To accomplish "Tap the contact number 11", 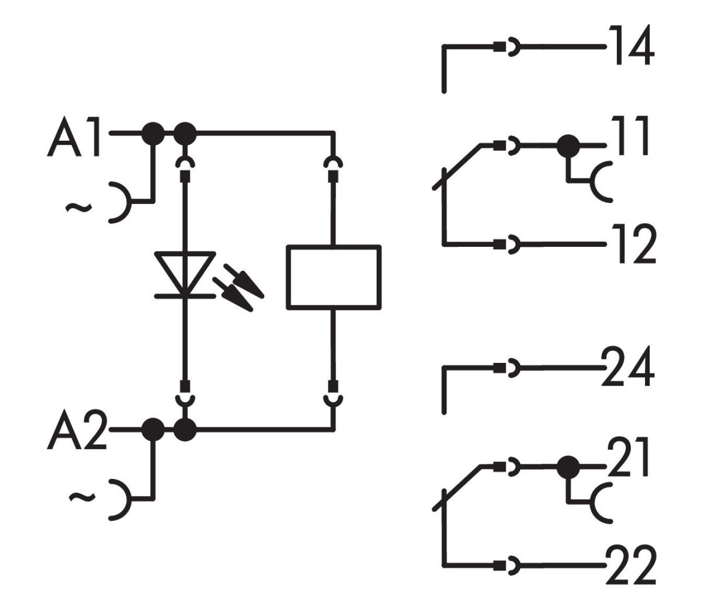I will click(x=628, y=137).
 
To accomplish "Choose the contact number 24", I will click(x=627, y=368).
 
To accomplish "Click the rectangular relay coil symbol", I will click(x=333, y=276).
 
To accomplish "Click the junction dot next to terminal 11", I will click(x=567, y=145).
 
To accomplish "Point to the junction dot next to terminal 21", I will click(x=567, y=467).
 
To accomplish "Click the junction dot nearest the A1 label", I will click(x=153, y=134).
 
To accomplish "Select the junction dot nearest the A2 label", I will click(x=153, y=430).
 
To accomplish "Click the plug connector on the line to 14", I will click(x=505, y=47).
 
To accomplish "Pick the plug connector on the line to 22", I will click(x=505, y=566).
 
